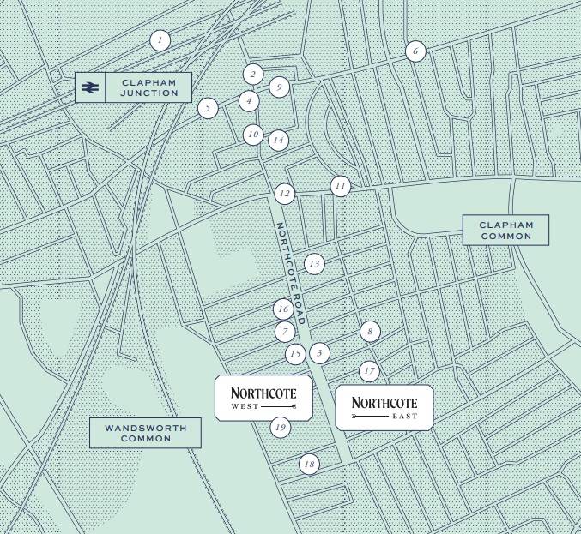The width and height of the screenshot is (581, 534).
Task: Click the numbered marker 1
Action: click(159, 39)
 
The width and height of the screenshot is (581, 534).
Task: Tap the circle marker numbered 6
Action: click(415, 51)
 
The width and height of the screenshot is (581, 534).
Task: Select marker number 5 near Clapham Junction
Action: click(207, 108)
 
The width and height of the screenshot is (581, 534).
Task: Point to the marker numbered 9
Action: click(278, 87)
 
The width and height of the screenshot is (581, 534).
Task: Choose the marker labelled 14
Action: click(277, 140)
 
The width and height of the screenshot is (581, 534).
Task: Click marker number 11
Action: click(341, 186)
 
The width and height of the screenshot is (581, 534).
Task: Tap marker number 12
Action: click(284, 195)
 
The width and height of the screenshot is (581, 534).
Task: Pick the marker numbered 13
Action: click(314, 264)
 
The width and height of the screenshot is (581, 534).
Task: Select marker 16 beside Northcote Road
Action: click(283, 309)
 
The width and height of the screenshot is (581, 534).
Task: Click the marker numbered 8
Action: click(370, 331)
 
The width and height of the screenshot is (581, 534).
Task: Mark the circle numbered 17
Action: click(369, 371)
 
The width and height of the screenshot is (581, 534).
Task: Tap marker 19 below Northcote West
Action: click(279, 427)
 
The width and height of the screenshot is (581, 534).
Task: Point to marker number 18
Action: click(309, 465)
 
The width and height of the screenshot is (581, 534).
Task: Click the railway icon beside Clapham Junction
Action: click(90, 87)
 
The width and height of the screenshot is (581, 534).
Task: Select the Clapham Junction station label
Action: click(148, 87)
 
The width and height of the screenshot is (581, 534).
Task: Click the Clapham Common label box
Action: click(506, 231)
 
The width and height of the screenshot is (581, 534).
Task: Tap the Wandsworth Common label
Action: click(145, 433)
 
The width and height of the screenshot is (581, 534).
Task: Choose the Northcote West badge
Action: click(263, 397)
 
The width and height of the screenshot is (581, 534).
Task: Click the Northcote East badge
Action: click(384, 407)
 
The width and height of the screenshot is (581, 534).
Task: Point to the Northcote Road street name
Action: click(290, 273)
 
